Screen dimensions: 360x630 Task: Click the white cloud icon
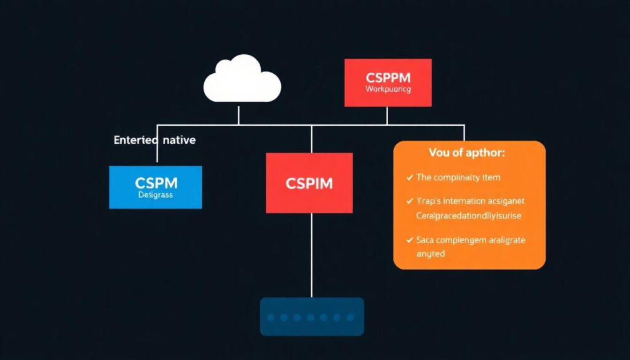point(242,80)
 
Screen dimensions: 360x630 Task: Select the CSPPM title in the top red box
point(388,78)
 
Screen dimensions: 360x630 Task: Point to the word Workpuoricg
point(388,89)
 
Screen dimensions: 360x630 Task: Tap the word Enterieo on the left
point(135,140)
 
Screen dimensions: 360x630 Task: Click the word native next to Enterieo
point(179,140)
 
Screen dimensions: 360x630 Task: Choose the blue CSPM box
point(155,187)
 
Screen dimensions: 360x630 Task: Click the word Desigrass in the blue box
point(155,195)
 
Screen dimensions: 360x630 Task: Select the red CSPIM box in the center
point(309,183)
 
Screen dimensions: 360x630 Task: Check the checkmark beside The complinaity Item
point(410,178)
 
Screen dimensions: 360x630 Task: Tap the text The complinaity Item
point(458,178)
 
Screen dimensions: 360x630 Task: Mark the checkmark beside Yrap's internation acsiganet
point(410,201)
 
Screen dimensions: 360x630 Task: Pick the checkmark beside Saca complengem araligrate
point(410,241)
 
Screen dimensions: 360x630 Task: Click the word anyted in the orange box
point(431,254)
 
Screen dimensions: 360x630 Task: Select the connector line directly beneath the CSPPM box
point(387,116)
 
